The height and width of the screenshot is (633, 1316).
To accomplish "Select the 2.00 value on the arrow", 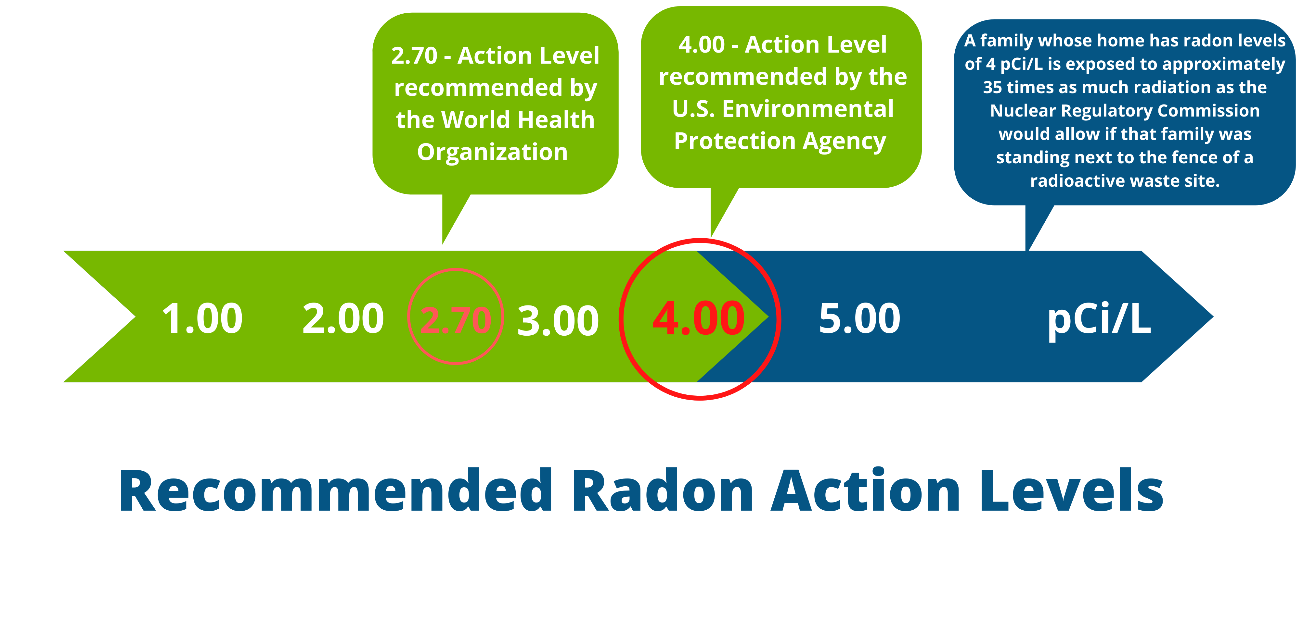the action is tap(343, 318).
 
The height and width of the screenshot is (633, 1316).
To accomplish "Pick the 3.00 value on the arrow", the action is tap(558, 321).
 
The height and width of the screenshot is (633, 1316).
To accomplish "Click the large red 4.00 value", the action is tap(698, 318).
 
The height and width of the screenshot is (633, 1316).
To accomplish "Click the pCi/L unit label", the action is tap(1099, 320).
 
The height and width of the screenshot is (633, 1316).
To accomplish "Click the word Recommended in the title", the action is tap(336, 490).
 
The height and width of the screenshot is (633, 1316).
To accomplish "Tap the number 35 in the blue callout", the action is tap(992, 87).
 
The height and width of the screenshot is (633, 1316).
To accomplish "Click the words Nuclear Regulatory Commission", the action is tap(1124, 111).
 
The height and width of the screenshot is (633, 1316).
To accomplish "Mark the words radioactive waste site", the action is tap(1124, 181).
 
